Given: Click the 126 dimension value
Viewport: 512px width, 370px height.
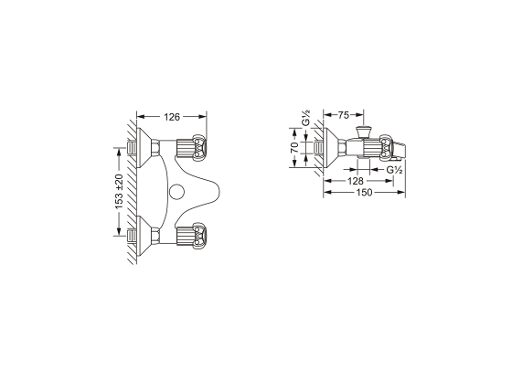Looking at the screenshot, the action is point(172,117).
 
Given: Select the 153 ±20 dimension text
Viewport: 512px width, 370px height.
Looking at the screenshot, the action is point(119,192).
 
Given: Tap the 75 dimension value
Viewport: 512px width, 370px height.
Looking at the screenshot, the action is point(343,115).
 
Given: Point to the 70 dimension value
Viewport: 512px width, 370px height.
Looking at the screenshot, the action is point(294,147).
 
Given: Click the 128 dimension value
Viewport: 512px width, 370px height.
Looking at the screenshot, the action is point(356,181).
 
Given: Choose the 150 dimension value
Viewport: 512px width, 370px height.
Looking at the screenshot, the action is point(364,193).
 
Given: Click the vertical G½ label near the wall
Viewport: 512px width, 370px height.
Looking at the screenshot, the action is point(306,118).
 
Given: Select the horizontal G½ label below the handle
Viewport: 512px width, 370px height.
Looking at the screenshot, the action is point(394,170).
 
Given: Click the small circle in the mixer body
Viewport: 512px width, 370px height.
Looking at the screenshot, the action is point(177,192).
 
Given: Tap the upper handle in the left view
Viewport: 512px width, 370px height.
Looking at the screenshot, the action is point(191,147).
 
